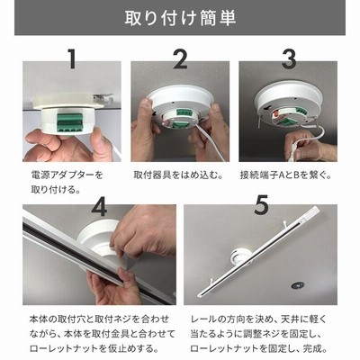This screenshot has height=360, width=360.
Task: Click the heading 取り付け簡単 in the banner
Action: click(180, 18)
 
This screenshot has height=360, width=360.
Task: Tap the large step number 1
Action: click(72, 59)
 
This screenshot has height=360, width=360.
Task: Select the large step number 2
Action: click(181, 59)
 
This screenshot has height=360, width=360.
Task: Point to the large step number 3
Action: click(289, 59)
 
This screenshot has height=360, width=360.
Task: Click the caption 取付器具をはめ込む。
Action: click(178, 175)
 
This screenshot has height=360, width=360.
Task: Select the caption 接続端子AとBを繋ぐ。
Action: click(285, 175)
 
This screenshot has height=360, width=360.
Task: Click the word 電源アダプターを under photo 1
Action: click(67, 175)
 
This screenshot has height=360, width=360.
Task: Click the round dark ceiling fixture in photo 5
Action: click(298, 285)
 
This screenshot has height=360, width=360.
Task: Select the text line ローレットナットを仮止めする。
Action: click(94, 349)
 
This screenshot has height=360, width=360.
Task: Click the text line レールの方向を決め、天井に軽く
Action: click(258, 319)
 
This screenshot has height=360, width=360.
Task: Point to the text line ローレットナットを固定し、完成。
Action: click(258, 349)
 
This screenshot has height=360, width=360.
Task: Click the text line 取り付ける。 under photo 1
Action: click(56, 190)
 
